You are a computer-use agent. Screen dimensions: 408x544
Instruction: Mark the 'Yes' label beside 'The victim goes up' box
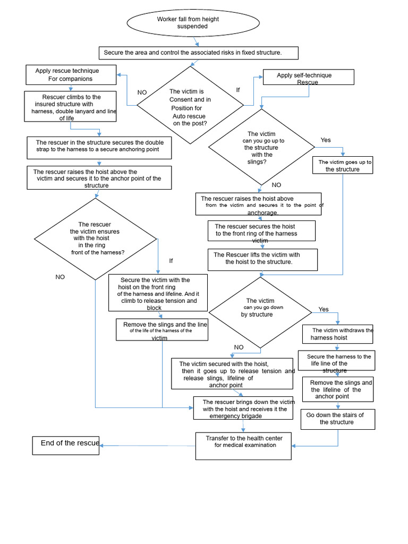click(326, 140)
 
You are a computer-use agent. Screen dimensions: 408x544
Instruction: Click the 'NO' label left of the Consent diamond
click(142, 92)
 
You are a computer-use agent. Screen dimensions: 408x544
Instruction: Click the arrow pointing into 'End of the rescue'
click(148, 446)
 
